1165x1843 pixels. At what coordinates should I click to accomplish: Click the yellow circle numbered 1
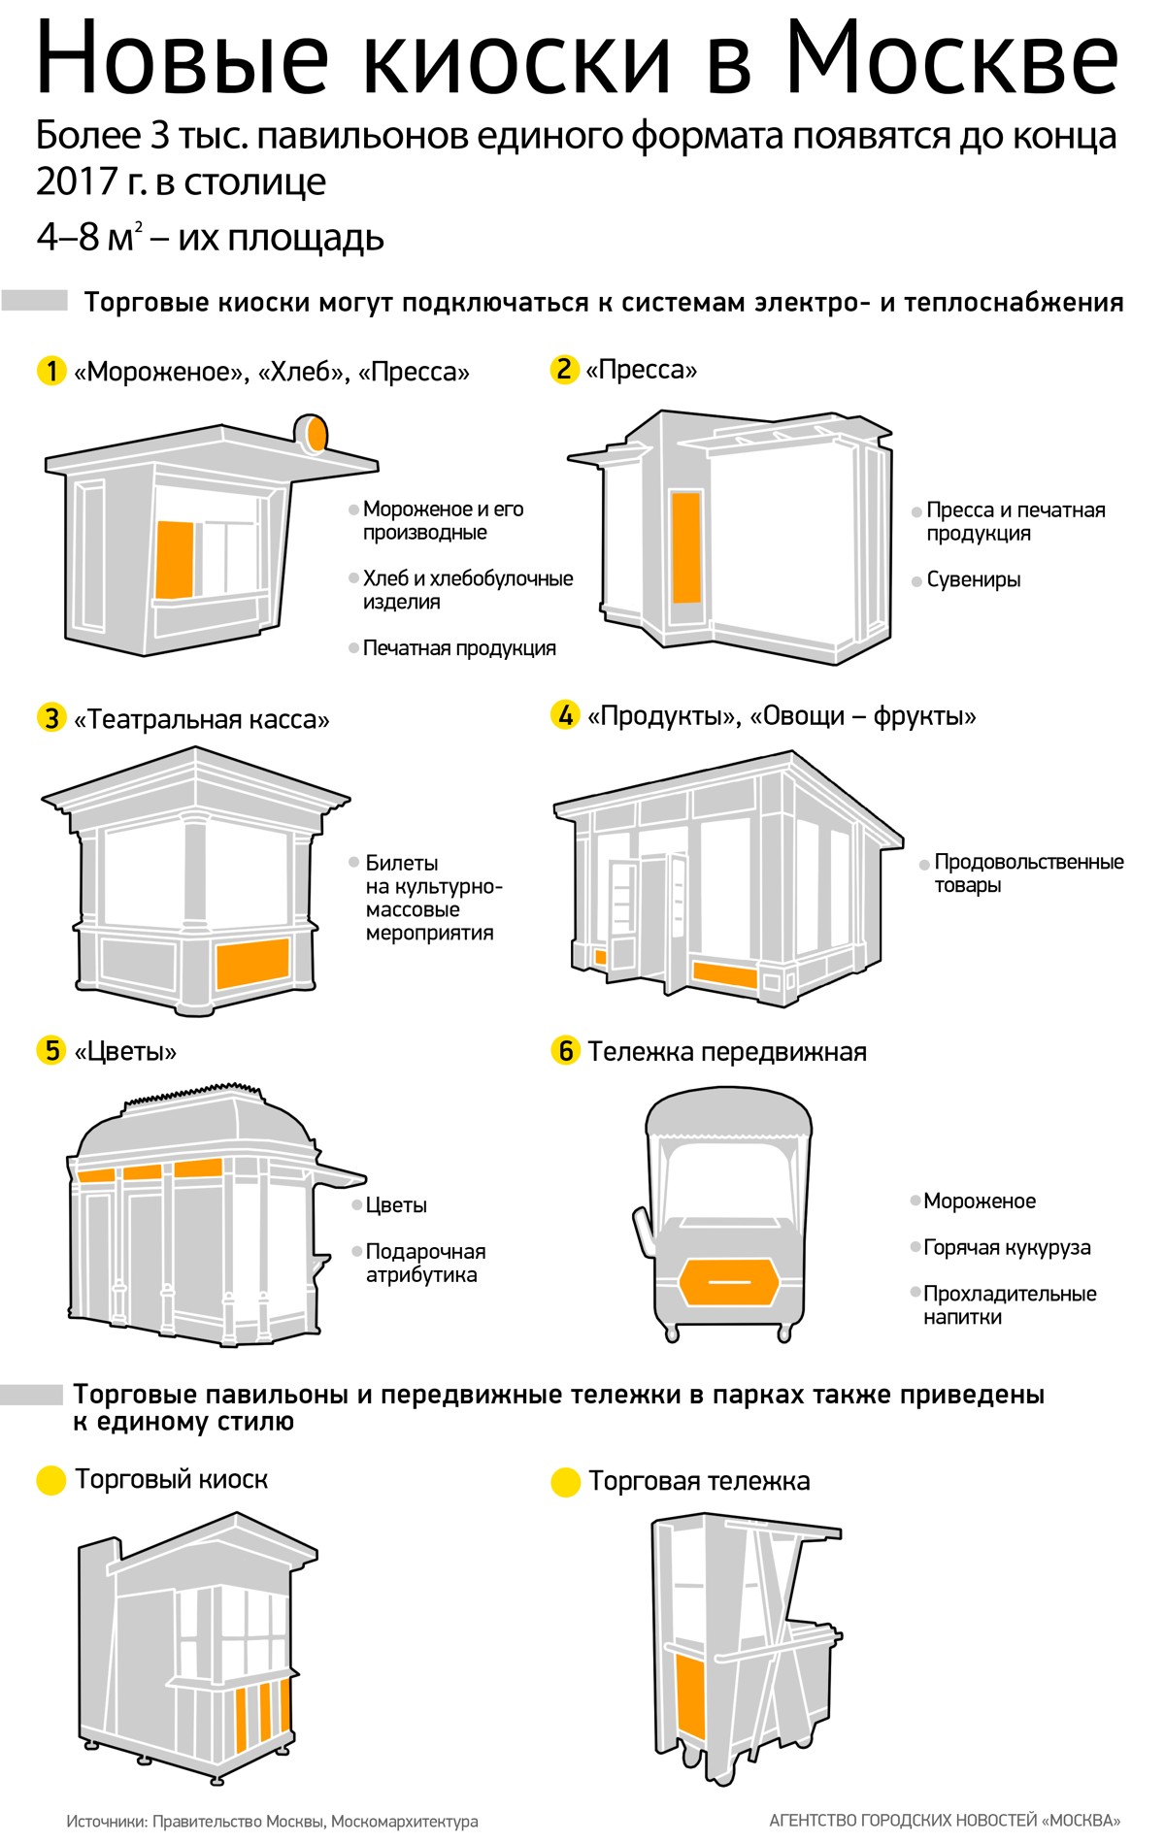coord(50,371)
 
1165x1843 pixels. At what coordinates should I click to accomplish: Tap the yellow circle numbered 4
coord(565,716)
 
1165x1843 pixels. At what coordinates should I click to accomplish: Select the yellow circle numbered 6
coord(565,1050)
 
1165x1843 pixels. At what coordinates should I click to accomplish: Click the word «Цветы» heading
coord(125,1052)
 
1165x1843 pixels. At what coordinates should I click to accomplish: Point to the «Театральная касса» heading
coord(201,720)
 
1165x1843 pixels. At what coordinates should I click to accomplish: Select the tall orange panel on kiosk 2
coord(685,546)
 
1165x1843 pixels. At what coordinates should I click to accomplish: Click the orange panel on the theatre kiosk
coord(252,962)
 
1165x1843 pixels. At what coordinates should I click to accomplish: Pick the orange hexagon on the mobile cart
coord(729,1281)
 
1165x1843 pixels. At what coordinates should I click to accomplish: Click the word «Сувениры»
coord(973,580)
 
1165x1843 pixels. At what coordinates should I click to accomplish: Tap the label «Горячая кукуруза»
coord(1007,1248)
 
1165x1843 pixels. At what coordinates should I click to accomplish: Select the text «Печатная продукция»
coord(459,648)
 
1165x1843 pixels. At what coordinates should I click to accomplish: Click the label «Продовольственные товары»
coord(1028,873)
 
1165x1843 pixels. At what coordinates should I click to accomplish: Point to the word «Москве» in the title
coord(952,60)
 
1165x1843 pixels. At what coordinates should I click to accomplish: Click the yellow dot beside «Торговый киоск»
coord(50,1481)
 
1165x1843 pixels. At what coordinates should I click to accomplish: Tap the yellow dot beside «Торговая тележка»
coord(565,1483)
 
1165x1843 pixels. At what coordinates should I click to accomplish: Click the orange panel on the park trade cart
coord(690,1697)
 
